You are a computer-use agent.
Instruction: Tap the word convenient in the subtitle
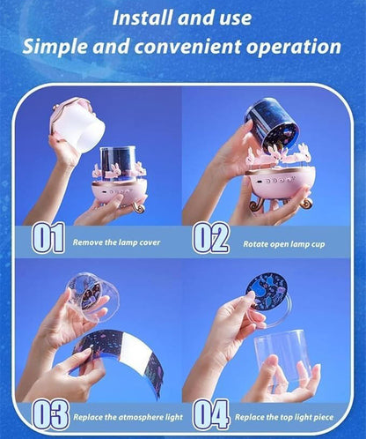187,47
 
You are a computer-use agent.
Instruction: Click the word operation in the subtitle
294,47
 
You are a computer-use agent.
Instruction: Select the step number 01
48,237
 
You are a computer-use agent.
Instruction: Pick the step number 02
210,237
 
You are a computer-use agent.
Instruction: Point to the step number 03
50,415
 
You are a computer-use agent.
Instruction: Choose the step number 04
210,415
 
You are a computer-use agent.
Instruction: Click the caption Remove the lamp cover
116,242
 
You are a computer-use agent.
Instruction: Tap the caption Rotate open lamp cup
284,244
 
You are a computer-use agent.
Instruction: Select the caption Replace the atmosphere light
128,417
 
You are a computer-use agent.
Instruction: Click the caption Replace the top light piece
284,417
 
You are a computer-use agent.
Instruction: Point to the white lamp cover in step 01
77,124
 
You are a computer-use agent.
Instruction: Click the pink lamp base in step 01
120,191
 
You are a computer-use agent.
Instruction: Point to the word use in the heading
236,19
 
